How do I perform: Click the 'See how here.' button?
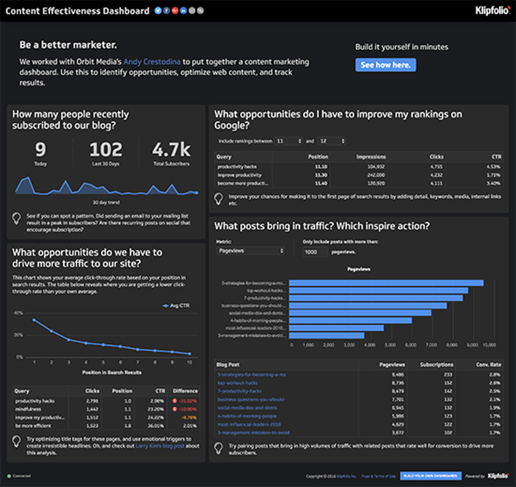coord(386,65)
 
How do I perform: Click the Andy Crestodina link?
coord(152,62)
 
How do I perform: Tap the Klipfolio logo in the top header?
coord(492,10)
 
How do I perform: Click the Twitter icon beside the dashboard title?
coord(158,10)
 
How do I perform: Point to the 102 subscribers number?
coord(106,150)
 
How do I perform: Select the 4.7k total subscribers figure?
coord(171,150)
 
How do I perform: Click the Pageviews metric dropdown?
coord(251,251)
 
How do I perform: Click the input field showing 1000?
coord(315,252)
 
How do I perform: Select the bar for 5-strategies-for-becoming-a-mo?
coord(386,283)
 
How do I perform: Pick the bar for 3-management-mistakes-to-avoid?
coord(327,335)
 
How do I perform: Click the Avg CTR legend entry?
coord(176,306)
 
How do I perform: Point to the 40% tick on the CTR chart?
coord(18,313)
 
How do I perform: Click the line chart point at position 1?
coord(34,320)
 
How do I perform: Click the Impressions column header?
coord(371,157)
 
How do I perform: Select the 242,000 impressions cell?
coord(376,175)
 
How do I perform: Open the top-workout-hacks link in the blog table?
coord(238,383)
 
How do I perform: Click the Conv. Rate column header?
coord(488,364)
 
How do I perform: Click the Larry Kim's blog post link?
coord(160,446)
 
